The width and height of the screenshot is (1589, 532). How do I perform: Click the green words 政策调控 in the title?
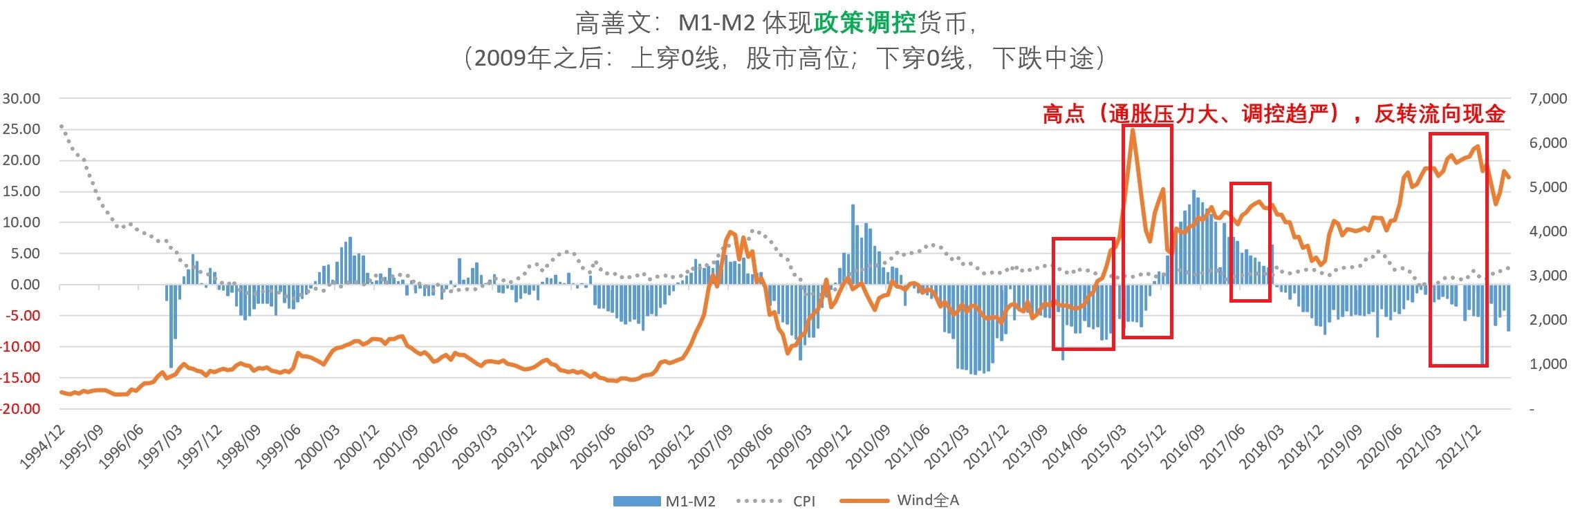[865, 23]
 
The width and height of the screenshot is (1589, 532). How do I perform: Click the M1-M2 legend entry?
[664, 502]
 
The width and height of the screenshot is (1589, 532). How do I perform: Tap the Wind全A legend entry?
[900, 500]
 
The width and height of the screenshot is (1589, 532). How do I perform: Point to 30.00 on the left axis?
[21, 98]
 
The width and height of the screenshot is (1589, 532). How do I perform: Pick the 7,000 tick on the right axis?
[1548, 98]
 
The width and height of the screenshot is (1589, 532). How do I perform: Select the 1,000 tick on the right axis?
[1548, 364]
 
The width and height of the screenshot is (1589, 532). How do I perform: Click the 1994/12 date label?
[42, 446]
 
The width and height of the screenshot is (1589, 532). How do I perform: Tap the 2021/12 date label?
[1460, 446]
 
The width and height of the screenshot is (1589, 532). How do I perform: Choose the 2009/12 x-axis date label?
[829, 446]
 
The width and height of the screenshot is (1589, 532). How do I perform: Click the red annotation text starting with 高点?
[1273, 113]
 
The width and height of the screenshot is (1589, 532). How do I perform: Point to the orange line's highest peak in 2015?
[1132, 130]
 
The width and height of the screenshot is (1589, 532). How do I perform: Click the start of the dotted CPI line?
[61, 126]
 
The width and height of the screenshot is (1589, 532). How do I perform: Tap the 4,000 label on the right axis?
[1548, 231]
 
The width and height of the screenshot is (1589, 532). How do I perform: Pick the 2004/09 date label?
[553, 446]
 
